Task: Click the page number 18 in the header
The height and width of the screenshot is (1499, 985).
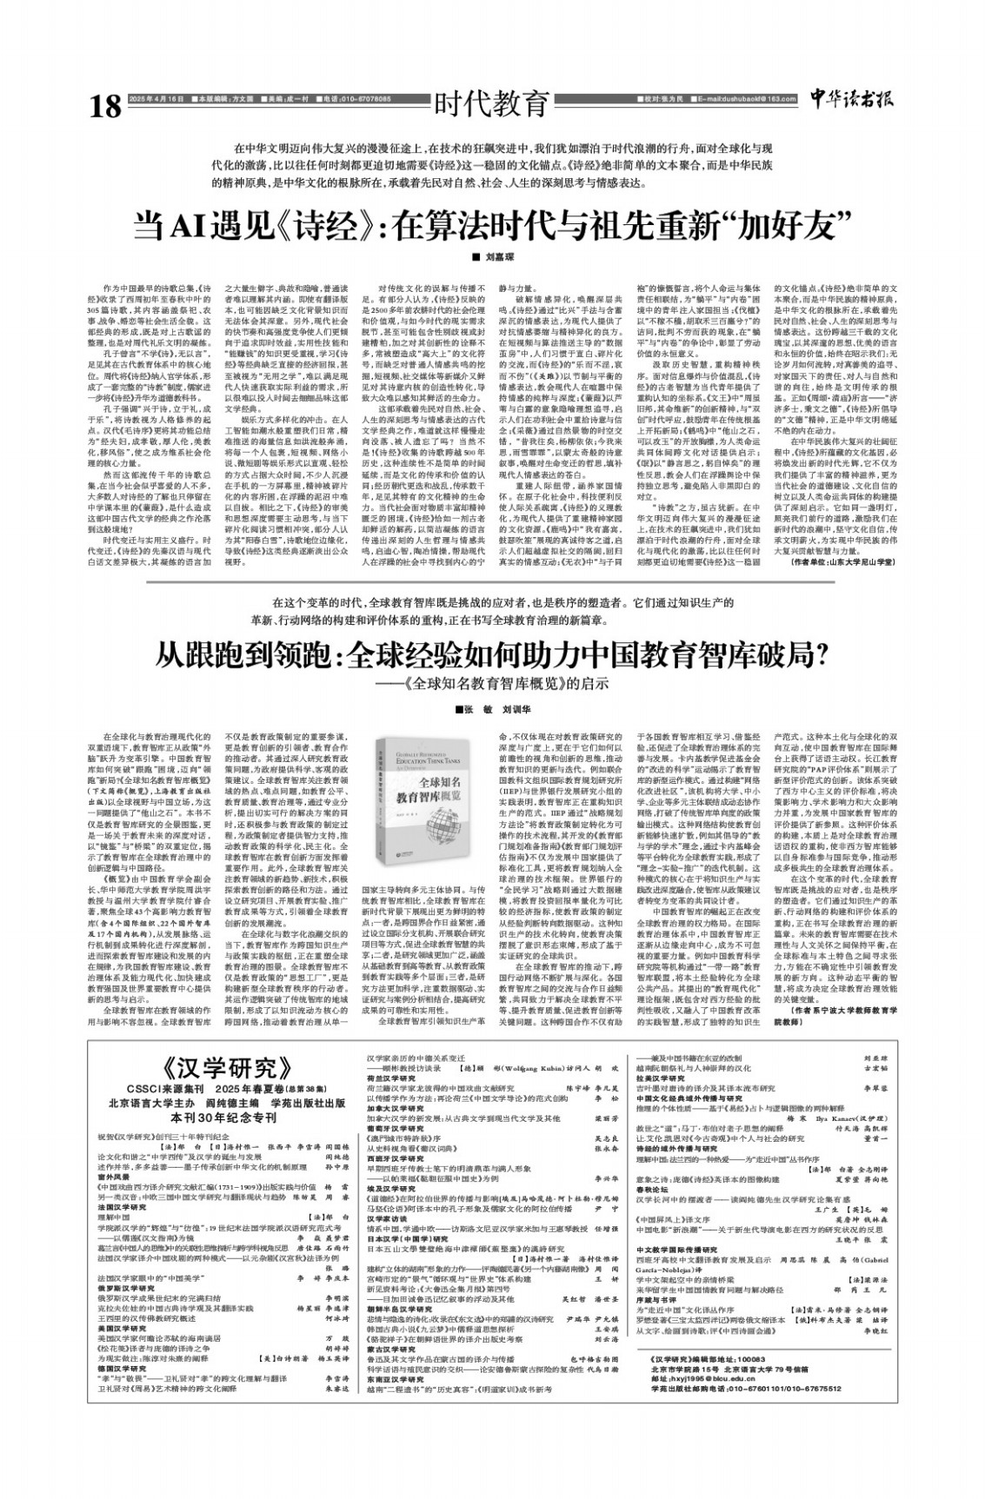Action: [x=105, y=107]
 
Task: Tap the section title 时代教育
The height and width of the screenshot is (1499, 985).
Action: [x=493, y=103]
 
